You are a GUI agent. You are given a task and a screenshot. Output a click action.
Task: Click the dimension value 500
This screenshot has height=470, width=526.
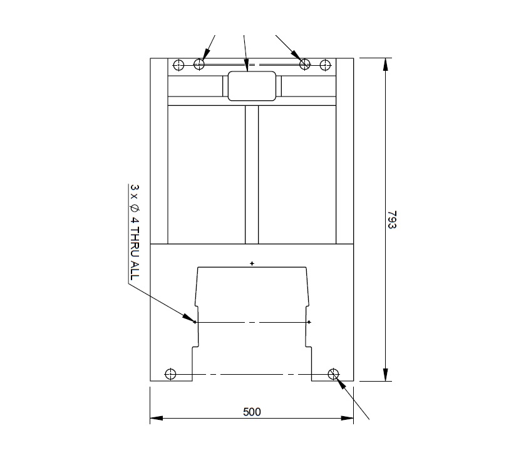pyautogui.click(x=251, y=412)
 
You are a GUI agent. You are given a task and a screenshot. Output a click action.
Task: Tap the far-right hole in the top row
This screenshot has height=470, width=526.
pyautogui.click(x=324, y=64)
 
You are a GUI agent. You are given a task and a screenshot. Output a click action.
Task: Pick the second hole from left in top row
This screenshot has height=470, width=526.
pyautogui.click(x=199, y=64)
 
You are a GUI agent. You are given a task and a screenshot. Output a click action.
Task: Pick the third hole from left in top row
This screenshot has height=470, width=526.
pyautogui.click(x=305, y=64)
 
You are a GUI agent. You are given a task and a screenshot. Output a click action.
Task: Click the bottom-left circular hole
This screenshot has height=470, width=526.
pyautogui.click(x=170, y=374)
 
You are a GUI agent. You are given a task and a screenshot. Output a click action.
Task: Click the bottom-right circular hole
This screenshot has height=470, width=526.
pyautogui.click(x=333, y=374)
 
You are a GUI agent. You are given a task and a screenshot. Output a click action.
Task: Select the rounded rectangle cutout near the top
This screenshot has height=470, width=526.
pyautogui.click(x=252, y=86)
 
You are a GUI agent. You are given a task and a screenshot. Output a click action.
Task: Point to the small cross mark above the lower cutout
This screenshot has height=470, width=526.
pyautogui.click(x=252, y=263)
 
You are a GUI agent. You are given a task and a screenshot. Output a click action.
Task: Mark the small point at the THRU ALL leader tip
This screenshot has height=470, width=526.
pyautogui.click(x=195, y=322)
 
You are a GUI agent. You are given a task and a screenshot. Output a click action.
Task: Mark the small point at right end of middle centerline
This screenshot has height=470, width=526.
pyautogui.click(x=309, y=322)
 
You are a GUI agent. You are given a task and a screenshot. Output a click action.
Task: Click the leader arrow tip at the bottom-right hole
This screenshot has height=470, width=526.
pyautogui.click(x=337, y=379)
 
